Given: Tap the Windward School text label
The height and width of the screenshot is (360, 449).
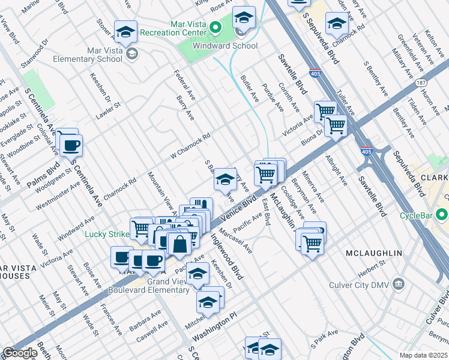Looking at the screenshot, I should [225, 46].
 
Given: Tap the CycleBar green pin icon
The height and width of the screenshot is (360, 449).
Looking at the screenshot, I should [442, 214].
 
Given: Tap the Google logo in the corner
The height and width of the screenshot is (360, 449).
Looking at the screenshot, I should [19, 353].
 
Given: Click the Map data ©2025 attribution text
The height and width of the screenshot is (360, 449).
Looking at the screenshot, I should [424, 355].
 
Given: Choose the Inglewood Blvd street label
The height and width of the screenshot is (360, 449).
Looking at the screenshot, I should [228, 256].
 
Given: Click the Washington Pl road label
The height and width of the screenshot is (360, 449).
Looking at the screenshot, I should [232, 321].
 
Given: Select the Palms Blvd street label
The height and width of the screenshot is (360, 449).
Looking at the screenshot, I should [43, 174].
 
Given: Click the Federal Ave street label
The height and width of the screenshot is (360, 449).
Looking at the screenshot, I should [180, 83].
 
